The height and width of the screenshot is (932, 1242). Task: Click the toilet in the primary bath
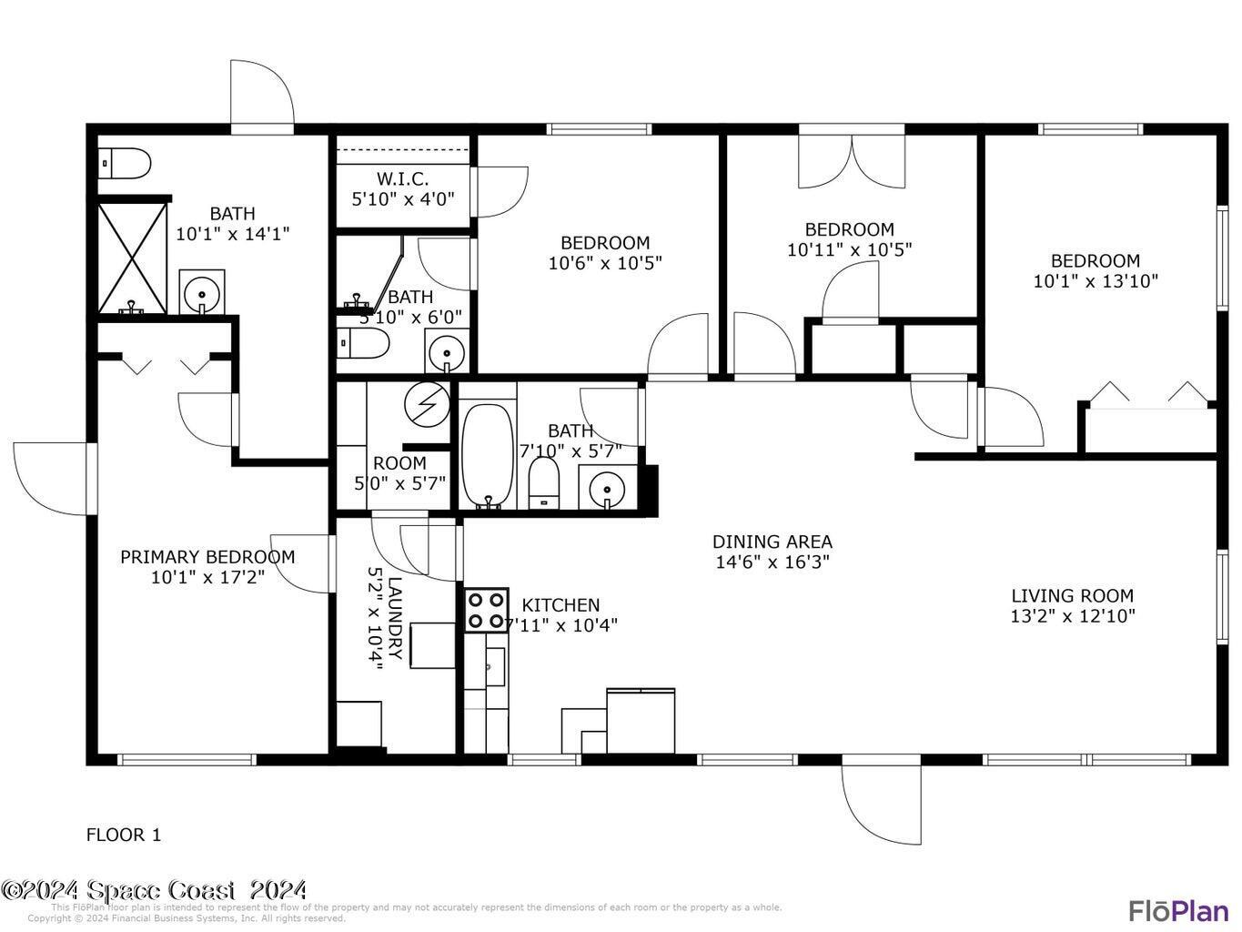[125, 165]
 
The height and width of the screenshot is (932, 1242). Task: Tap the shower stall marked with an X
[132, 258]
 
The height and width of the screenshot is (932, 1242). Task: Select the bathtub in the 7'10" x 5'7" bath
[489, 456]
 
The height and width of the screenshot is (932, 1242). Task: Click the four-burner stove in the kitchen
[487, 611]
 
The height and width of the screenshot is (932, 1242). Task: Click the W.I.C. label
[402, 179]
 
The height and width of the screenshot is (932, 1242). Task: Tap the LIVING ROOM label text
[1072, 596]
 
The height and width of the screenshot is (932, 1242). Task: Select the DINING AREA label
[772, 542]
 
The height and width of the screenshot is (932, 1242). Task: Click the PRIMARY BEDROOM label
[207, 557]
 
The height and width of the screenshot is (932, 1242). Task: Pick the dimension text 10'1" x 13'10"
[1096, 281]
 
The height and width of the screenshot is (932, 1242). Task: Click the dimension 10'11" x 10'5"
[849, 249]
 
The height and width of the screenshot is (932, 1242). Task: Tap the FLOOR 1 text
[124, 835]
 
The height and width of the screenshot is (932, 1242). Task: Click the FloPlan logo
[1178, 910]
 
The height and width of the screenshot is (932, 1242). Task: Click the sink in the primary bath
[202, 293]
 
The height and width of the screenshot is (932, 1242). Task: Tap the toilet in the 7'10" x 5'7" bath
[543, 481]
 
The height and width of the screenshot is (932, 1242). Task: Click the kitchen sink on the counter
[494, 666]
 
